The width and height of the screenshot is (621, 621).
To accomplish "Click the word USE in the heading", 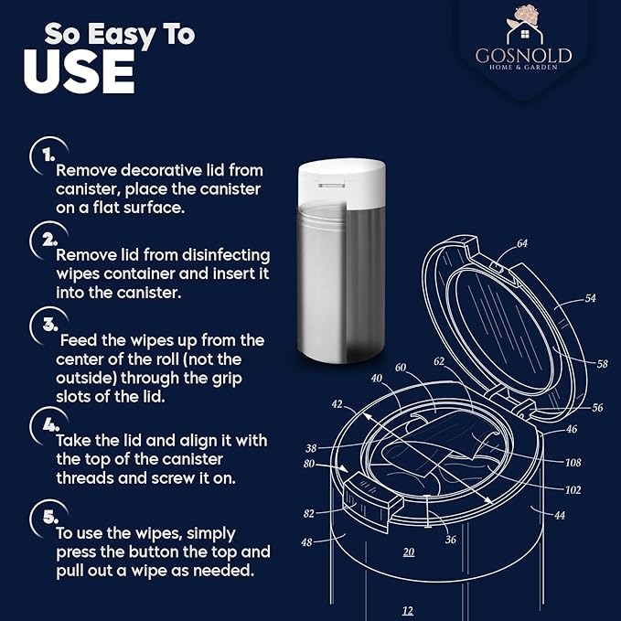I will pos(79,72).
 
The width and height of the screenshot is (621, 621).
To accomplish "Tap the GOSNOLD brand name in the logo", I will pos(524,55).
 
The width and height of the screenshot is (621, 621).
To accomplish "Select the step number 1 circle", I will pos(42,155).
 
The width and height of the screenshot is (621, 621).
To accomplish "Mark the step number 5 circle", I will pos(42,517).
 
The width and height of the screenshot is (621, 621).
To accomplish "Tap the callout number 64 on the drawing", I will pos(522,243).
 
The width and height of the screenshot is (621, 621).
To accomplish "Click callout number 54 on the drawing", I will pos(590,299).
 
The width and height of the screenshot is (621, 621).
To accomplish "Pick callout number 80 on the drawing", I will pos(310,464).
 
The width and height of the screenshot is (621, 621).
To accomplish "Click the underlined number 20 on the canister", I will pos(409,551).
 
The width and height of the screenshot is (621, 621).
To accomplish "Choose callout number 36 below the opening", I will pos(450,540).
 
